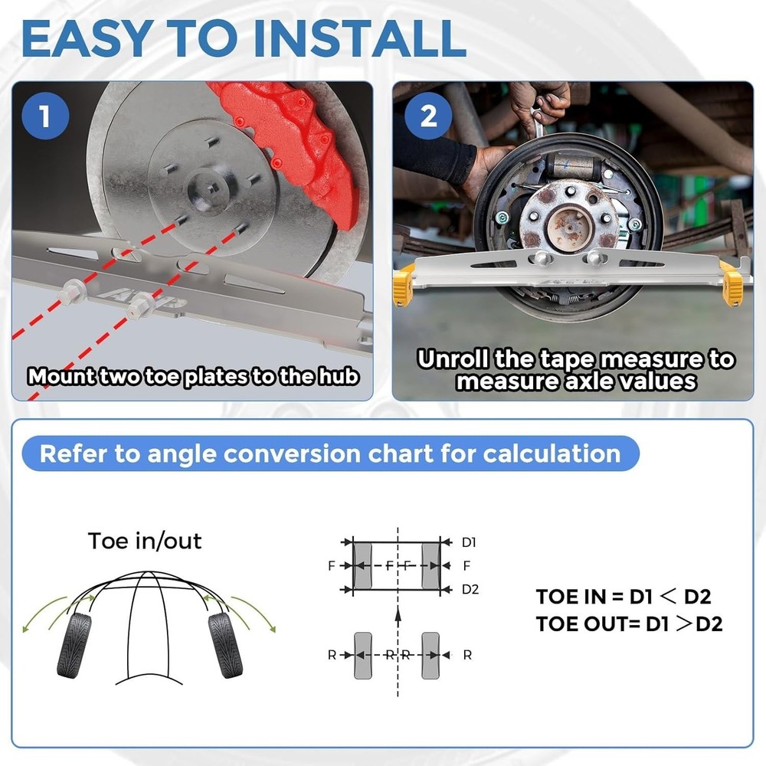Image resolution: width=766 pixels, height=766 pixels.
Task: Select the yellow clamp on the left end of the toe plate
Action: [404, 282]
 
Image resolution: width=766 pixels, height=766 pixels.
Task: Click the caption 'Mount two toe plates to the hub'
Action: [193, 377]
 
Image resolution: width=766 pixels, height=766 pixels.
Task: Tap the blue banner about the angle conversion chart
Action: [330, 453]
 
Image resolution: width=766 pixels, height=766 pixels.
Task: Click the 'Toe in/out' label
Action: [145, 541]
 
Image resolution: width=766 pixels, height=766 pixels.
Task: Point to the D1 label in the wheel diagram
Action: [469, 542]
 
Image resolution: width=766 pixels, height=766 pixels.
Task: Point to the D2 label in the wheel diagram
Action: [469, 589]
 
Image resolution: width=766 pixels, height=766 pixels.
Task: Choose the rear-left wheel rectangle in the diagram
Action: [363, 655]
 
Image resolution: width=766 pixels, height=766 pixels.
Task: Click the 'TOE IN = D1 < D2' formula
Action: [628, 597]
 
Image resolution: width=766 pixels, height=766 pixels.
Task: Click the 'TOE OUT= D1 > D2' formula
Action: [629, 624]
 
